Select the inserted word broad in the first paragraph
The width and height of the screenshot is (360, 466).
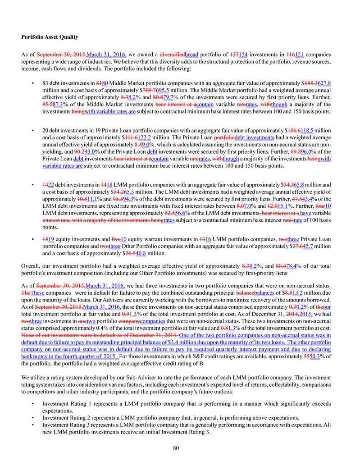[x=193, y=55]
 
